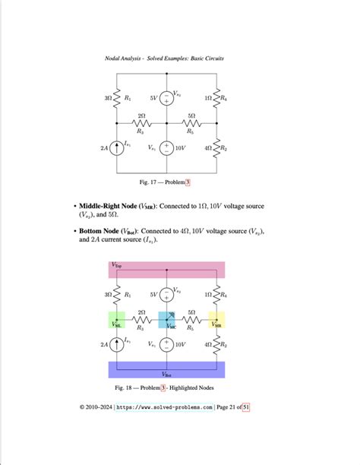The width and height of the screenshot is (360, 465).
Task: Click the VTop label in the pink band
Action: click(x=118, y=266)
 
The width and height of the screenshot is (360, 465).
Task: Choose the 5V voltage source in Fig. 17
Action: click(x=166, y=97)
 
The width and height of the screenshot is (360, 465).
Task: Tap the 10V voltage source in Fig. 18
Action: click(x=167, y=345)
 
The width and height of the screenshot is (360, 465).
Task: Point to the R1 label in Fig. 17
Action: click(x=128, y=98)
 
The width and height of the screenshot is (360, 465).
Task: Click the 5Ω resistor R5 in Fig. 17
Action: click(x=191, y=122)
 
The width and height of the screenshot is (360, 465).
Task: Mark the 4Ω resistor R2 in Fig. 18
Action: click(x=218, y=345)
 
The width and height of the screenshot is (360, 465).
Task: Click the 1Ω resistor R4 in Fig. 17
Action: click(x=218, y=98)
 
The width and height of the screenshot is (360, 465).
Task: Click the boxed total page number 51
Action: click(x=246, y=408)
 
